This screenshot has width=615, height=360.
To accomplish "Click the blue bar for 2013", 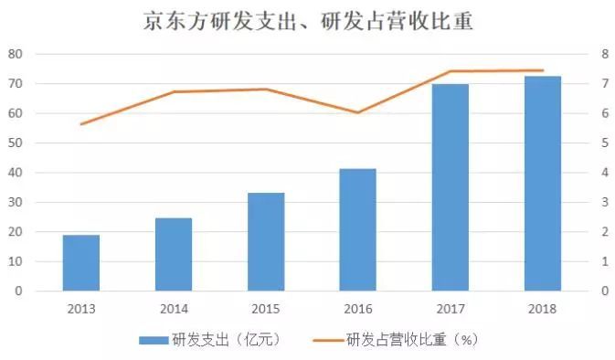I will pyautogui.click(x=80, y=263).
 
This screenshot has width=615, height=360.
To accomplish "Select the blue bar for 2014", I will pyautogui.click(x=173, y=254).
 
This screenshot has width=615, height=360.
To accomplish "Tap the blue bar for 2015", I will pyautogui.click(x=266, y=242).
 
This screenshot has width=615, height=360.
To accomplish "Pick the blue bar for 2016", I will pyautogui.click(x=357, y=230).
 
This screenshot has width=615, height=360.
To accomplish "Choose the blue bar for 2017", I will pyautogui.click(x=450, y=187).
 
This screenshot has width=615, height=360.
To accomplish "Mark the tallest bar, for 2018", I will pyautogui.click(x=542, y=184).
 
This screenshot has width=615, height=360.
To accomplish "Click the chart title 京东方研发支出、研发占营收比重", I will pyautogui.click(x=308, y=20).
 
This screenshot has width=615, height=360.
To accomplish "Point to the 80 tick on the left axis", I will pyautogui.click(x=15, y=54).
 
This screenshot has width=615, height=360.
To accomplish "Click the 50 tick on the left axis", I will pyautogui.click(x=15, y=143).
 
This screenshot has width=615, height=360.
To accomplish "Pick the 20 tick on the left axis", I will pyautogui.click(x=15, y=232).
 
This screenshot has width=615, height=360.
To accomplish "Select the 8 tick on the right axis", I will pyautogui.click(x=603, y=54).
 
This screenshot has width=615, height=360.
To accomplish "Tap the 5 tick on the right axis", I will pyautogui.click(x=603, y=143).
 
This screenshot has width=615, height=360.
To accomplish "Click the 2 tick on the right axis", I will pyautogui.click(x=603, y=232).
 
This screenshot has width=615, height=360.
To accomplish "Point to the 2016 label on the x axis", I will pyautogui.click(x=357, y=309).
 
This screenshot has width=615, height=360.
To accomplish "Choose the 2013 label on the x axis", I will pyautogui.click(x=80, y=309).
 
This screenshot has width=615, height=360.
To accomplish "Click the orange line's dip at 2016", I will pyautogui.click(x=357, y=112).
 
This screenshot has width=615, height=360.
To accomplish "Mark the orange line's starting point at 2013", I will pyautogui.click(x=80, y=124).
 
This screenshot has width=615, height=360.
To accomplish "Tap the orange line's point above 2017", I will pyautogui.click(x=450, y=71).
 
